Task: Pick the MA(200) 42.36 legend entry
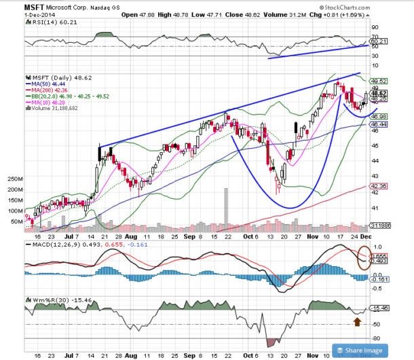pos(48,90)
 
